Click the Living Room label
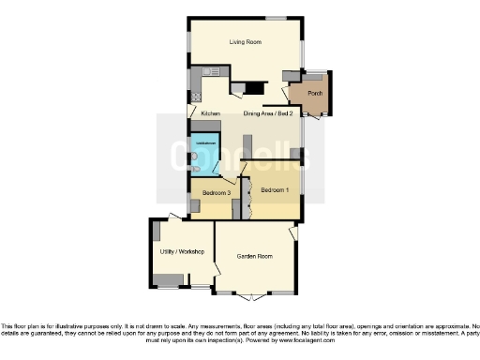point(246,42)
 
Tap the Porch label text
point(315,94)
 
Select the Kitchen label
point(211,114)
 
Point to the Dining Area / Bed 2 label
point(269,114)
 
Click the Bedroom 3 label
point(217,193)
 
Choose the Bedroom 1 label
point(275,190)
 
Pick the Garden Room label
point(254,255)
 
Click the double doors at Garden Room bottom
point(252,295)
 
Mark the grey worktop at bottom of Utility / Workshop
point(170,278)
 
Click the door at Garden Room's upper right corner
point(294,231)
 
